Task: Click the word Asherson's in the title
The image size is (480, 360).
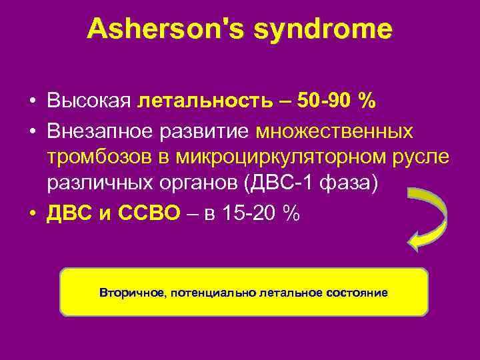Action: point(162,29)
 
